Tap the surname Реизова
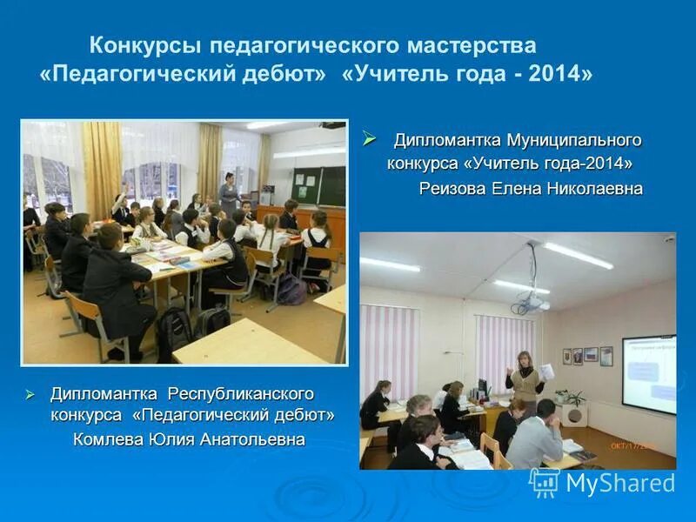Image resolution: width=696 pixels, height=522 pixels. coord(453,189)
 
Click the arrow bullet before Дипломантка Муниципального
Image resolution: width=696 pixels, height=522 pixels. coord(369,137)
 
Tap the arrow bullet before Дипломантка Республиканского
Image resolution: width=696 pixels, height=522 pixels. coord(29,394)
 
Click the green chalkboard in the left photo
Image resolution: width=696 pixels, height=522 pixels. coord(318,184)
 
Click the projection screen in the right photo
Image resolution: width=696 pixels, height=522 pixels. coord(649,373)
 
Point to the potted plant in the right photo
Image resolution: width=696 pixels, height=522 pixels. coord(572,399)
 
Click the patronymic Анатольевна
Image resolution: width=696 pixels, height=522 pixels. coord(254,439)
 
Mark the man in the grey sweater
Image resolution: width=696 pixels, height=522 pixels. coord(536,435)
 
